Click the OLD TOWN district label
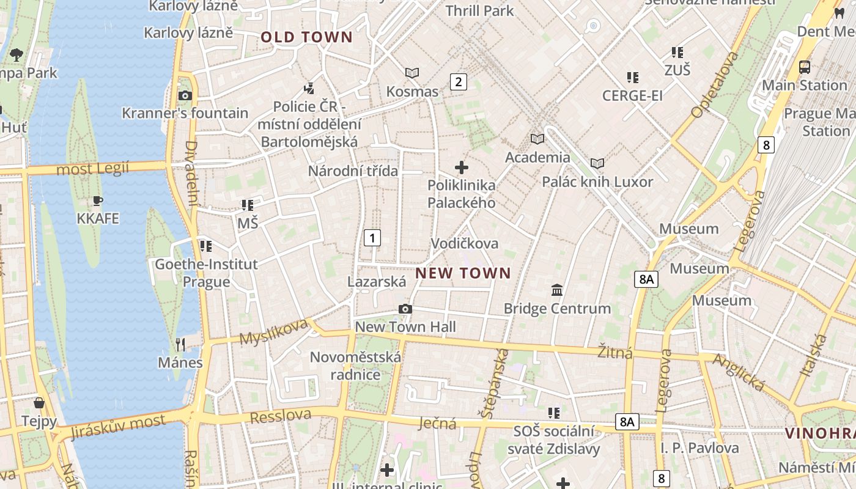coord(307,37)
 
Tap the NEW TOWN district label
coord(463,273)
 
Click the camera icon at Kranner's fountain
coord(185,95)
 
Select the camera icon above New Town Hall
coord(405,309)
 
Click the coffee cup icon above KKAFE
coord(97,200)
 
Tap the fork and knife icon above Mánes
coord(180,345)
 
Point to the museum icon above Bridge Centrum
coord(557,290)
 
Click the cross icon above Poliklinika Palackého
coord(462,167)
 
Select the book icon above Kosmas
coord(412,73)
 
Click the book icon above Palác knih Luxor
coord(597,163)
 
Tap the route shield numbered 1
coord(372,238)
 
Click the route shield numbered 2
coord(459,81)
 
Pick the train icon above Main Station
coord(805,67)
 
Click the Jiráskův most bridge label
coord(118,427)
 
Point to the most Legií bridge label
coord(92,168)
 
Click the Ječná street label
coord(438,423)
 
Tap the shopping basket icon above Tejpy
coord(39,403)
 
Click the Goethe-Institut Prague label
coord(206,273)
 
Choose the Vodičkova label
coord(465,243)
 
